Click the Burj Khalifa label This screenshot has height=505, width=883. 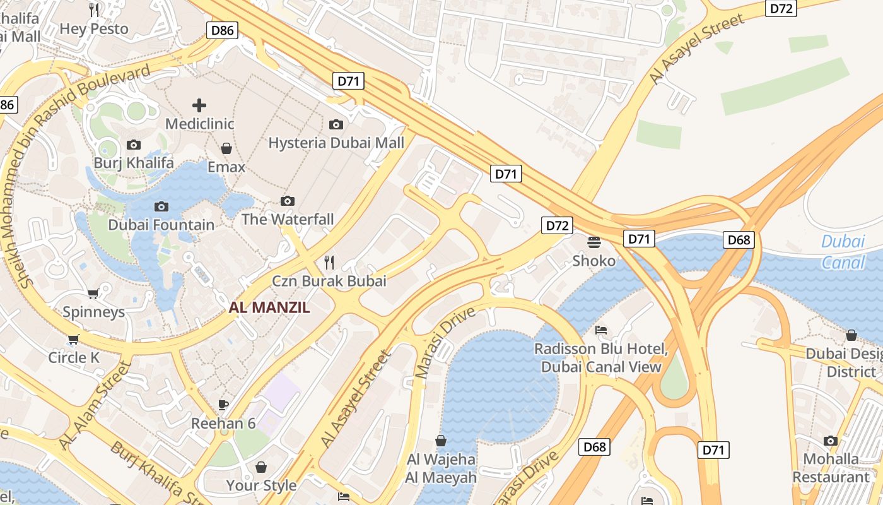point(134,163)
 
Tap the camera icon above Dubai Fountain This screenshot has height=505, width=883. point(161,206)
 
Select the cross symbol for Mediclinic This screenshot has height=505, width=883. point(199,105)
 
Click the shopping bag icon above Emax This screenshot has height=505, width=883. point(226,148)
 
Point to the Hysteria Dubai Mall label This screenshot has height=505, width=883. point(336,143)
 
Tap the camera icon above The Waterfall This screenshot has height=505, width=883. point(288,201)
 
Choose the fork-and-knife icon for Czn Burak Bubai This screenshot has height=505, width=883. point(329,262)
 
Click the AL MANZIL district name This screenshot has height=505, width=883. point(269,307)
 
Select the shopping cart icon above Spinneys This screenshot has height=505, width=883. point(93,294)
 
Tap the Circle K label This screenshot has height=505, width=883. point(74,357)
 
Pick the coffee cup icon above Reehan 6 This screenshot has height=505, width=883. point(223,404)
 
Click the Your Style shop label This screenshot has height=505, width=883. point(261,485)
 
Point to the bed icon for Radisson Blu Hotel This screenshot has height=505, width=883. point(601,330)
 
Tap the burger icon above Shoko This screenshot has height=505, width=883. point(594,242)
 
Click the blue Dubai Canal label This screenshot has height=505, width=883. point(843,251)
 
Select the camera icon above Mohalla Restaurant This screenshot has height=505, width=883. point(831,441)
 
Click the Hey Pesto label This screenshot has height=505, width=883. point(94,28)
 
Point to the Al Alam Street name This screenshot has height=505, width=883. point(95,404)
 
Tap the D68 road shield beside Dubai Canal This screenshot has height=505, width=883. point(739,239)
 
